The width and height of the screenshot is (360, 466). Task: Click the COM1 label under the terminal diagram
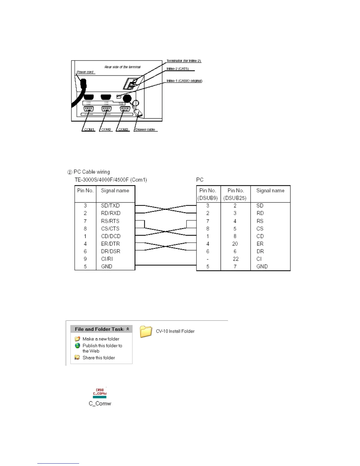click(x=89, y=129)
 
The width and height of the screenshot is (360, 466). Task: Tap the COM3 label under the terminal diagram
click(x=123, y=129)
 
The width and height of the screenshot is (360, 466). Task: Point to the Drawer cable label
click(x=145, y=129)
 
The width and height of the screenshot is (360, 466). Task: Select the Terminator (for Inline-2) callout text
click(x=184, y=61)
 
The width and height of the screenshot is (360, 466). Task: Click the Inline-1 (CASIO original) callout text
click(x=184, y=81)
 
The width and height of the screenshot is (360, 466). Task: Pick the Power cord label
click(x=85, y=72)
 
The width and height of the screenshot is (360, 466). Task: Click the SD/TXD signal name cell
click(x=110, y=206)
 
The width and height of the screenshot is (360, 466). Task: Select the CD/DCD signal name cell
click(x=111, y=236)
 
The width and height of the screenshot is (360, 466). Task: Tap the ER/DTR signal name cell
click(x=110, y=244)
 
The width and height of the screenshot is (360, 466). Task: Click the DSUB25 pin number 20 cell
click(x=235, y=244)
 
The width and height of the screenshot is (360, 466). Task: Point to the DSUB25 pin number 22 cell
click(x=236, y=259)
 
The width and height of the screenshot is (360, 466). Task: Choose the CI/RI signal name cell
click(x=107, y=259)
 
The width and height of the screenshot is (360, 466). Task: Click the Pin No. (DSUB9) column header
click(x=208, y=194)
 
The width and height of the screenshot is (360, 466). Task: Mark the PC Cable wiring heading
click(x=91, y=172)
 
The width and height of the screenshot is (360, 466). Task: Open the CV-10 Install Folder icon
click(x=146, y=332)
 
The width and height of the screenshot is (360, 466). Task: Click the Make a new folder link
click(x=101, y=339)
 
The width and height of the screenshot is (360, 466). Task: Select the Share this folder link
click(x=99, y=358)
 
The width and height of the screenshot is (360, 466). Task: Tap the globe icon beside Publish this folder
click(x=77, y=346)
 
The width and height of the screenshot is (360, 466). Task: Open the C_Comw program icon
click(x=100, y=393)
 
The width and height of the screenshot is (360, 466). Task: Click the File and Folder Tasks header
click(x=99, y=329)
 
